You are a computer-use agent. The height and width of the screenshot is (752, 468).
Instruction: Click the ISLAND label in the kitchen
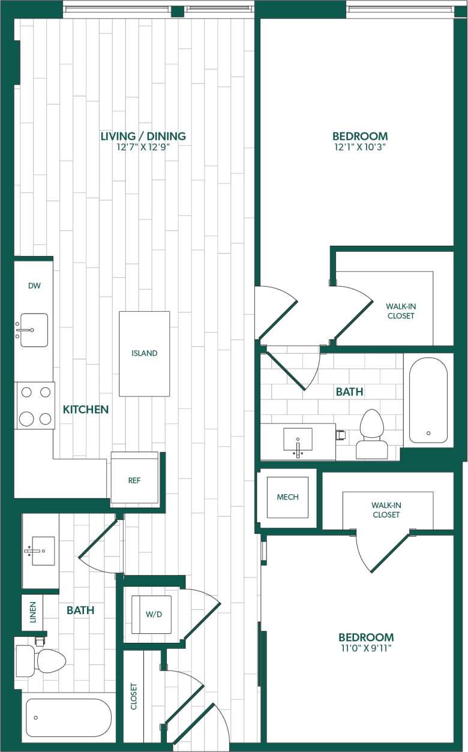[x=144, y=353]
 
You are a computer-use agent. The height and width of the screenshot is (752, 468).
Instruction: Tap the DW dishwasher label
[x=34, y=286]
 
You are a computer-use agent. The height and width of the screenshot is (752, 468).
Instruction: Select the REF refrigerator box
[x=134, y=480]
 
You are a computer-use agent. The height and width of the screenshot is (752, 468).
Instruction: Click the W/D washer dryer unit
[x=151, y=615]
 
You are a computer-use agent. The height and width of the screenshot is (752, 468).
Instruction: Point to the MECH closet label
[x=287, y=497]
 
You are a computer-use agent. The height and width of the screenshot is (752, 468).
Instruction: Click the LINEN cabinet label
[x=33, y=612]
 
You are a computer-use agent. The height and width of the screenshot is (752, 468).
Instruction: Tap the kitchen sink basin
[x=34, y=330]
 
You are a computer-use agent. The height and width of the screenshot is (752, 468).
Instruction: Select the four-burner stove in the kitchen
[x=35, y=406]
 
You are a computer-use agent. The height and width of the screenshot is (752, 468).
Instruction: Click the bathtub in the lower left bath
[x=68, y=717]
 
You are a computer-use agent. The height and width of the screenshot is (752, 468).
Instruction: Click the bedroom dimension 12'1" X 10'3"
[x=360, y=148]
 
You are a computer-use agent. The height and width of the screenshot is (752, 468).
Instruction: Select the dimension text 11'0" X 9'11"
[x=366, y=648]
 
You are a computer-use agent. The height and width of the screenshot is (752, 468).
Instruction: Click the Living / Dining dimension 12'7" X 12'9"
[x=143, y=148]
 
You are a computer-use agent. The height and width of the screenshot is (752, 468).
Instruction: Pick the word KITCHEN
[x=86, y=410]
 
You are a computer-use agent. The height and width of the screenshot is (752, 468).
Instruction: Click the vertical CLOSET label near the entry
[x=134, y=696]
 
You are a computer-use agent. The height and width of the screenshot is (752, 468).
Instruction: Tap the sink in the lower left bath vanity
[x=43, y=550]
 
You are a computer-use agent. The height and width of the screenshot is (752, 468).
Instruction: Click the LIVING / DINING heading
[x=143, y=136]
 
